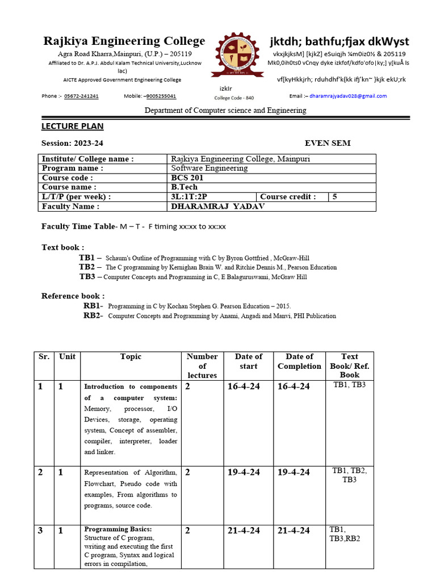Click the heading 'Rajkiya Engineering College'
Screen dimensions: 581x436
click(124, 41)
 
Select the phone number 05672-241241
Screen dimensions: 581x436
click(81, 96)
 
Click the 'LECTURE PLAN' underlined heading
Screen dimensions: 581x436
click(73, 126)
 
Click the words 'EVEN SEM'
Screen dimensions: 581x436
click(328, 143)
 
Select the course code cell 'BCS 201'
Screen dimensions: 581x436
click(187, 178)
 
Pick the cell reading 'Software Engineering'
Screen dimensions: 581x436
click(209, 169)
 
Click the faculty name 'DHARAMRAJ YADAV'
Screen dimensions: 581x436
click(217, 207)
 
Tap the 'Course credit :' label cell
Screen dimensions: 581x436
click(288, 197)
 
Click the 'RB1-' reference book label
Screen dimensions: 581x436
click(93, 306)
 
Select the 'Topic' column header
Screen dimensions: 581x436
click(131, 357)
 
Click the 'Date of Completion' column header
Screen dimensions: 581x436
click(299, 361)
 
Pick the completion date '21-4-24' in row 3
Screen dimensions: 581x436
click(294, 531)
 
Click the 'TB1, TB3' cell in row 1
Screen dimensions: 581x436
click(349, 386)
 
